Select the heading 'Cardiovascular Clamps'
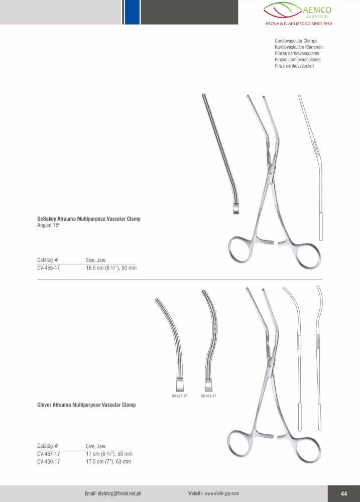coord(296,41)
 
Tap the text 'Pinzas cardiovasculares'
coord(297,54)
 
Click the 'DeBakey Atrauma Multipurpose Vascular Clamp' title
coord(89,219)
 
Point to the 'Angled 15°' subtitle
coord(49,225)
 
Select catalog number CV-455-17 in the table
coord(48,268)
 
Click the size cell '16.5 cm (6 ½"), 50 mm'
coord(111,268)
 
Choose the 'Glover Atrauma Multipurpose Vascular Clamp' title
coord(86,405)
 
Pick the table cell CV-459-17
coord(48,462)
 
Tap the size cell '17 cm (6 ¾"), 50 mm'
coord(109,454)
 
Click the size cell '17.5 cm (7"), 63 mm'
coord(108,462)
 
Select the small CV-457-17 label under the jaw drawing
coord(179,396)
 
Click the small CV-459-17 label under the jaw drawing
coord(208,396)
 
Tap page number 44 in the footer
coord(344,493)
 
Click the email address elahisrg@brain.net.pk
coord(113,493)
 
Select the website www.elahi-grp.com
coord(213,493)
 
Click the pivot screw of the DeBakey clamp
coord(271,173)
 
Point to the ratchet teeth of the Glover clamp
coord(268,436)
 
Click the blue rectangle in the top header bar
coord(132,12)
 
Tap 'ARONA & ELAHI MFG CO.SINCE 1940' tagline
coord(299,24)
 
